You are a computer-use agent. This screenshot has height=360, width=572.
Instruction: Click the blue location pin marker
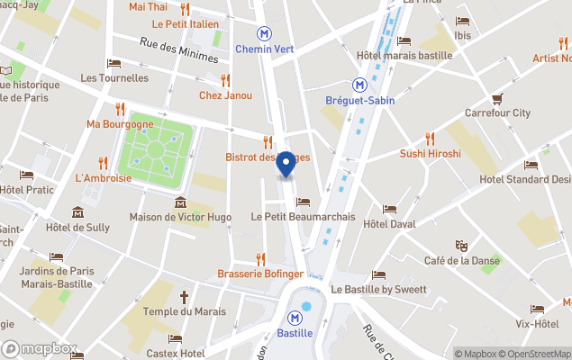coord(286,164)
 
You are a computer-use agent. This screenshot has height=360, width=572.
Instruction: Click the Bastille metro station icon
coord(295,318)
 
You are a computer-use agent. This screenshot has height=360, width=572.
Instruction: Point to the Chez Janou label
coord(225,95)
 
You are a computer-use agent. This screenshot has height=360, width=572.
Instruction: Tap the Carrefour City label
coord(497,113)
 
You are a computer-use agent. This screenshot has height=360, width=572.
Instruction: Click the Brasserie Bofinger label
coord(260,273)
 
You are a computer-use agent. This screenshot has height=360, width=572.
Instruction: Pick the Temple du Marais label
coord(184,311)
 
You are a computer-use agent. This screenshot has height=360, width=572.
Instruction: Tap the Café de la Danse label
coord(460,260)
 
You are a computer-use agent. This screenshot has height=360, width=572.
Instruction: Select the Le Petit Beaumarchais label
coord(303,217)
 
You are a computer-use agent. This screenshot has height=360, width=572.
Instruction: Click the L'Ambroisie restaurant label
coord(104,177)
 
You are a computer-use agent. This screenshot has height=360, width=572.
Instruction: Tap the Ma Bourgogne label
coord(120,123)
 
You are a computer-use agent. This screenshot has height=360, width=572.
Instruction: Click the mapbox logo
coord(40,348)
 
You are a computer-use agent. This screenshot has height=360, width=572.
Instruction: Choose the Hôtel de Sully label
coord(77,228)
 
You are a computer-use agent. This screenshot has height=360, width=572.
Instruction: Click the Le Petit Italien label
coord(186,23)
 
